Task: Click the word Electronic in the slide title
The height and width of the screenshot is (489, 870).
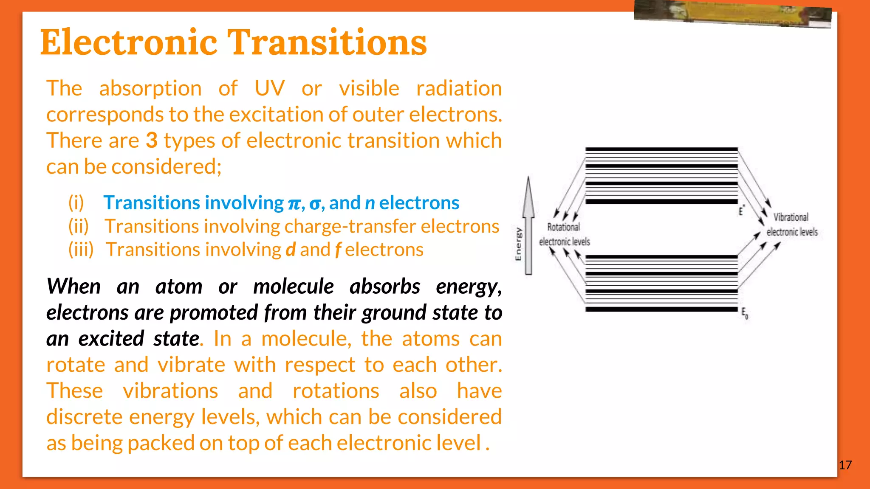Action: click(x=129, y=42)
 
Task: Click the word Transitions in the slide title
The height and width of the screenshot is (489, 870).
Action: click(x=327, y=42)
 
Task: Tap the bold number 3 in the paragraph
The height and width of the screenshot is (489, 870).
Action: click(x=152, y=141)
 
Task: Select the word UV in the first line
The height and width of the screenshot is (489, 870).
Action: click(x=269, y=88)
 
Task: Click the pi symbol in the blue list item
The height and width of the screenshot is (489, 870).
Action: click(x=294, y=203)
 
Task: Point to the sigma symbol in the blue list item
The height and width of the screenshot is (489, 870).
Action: click(x=315, y=203)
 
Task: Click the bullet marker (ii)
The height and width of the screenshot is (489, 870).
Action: click(x=79, y=226)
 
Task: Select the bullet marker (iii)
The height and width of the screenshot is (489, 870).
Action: click(x=81, y=250)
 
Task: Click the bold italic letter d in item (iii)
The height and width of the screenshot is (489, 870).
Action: click(x=291, y=250)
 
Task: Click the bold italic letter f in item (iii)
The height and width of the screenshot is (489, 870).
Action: click(x=338, y=250)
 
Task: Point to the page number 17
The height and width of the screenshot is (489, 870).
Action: click(x=845, y=465)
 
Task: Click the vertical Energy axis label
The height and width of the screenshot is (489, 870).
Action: click(x=518, y=244)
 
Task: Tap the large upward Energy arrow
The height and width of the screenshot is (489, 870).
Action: click(x=528, y=225)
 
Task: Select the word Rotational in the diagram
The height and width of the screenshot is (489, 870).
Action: click(x=563, y=227)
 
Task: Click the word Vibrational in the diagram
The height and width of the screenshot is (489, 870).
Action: click(x=791, y=217)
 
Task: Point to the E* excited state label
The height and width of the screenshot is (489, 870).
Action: click(x=741, y=211)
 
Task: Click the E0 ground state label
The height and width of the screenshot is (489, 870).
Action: click(x=745, y=313)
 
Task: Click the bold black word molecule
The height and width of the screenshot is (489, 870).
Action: click(x=294, y=287)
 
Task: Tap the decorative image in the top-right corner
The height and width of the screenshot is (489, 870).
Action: click(x=732, y=14)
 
